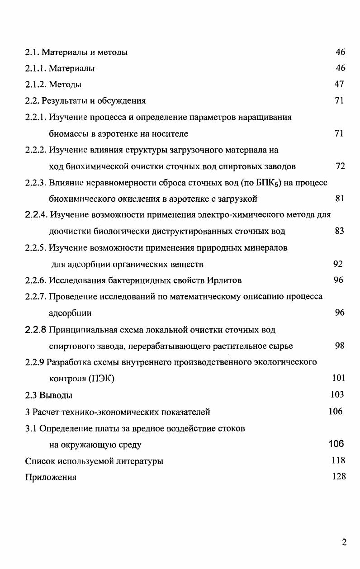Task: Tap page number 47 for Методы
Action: click(x=339, y=84)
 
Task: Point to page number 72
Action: click(x=341, y=166)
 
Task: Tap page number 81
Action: click(x=340, y=198)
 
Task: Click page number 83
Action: click(x=340, y=231)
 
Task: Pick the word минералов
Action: click(x=264, y=248)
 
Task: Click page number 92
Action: click(x=338, y=264)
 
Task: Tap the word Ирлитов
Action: click(x=224, y=280)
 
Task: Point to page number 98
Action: click(x=340, y=346)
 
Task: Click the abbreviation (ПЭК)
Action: click(x=100, y=379)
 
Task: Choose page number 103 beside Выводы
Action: click(x=337, y=394)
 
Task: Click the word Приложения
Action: click(x=50, y=477)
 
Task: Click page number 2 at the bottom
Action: click(x=344, y=543)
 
